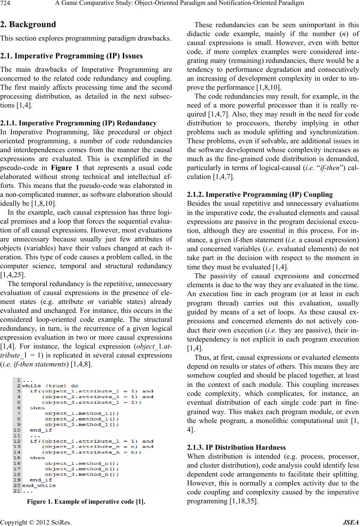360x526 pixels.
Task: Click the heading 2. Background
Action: click(x=28, y=25)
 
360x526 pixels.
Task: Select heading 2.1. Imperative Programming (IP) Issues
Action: click(x=71, y=56)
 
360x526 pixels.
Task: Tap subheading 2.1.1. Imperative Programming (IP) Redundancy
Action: click(x=79, y=123)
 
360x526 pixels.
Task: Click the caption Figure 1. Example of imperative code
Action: click(x=86, y=501)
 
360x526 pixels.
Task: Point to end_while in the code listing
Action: click(x=39, y=485)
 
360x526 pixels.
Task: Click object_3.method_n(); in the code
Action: click(x=82, y=474)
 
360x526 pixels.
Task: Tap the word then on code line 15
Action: click(x=37, y=458)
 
